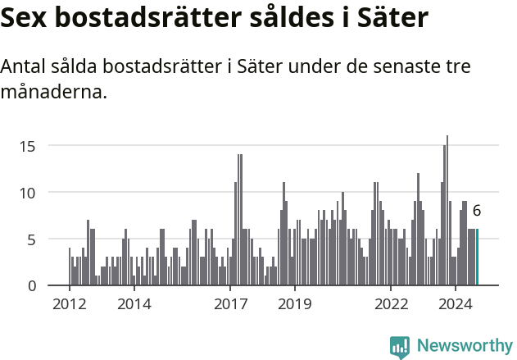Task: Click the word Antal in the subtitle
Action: [25, 67]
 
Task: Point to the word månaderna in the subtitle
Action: [54, 93]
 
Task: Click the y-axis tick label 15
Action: [28, 146]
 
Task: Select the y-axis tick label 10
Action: [28, 193]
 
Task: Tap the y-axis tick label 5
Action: [32, 239]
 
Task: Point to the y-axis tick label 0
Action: [32, 286]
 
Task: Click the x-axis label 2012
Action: [69, 304]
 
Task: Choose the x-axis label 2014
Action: [134, 304]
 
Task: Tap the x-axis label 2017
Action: [230, 304]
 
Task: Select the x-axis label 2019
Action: [294, 304]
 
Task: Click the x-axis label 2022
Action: [391, 304]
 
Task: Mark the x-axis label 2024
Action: [456, 304]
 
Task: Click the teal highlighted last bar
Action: [477, 257]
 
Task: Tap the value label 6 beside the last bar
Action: [477, 211]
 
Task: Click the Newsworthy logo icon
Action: [400, 346]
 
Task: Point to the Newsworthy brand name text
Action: [464, 346]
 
